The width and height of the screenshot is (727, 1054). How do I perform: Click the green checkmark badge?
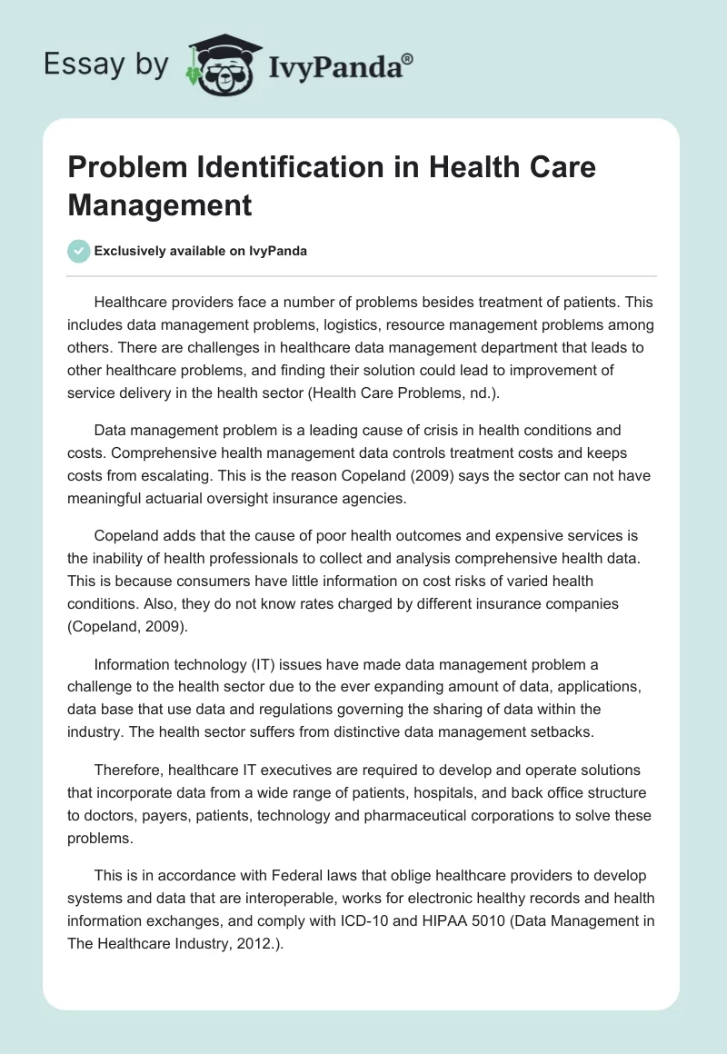(x=79, y=251)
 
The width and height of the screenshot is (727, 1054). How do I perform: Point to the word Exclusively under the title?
(x=134, y=252)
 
